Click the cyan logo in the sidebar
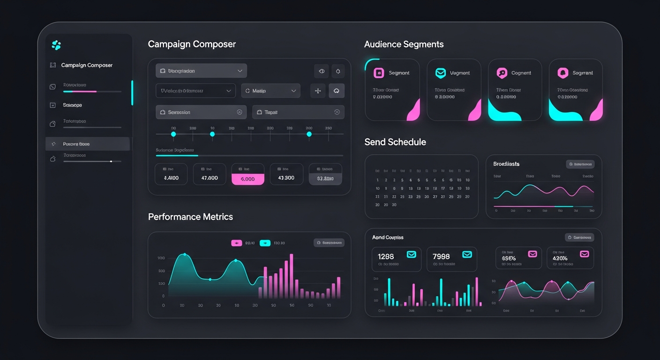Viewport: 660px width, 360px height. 56,45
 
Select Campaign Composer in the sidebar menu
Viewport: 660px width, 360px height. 87,65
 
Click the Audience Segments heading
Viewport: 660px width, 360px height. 404,45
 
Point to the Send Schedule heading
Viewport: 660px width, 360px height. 395,142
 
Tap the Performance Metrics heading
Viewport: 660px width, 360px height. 190,217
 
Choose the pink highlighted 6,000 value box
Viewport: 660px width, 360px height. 247,179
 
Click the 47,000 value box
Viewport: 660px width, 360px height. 209,178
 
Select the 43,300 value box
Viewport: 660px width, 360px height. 286,178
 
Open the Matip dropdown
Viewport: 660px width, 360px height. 270,91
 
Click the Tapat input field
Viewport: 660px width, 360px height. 298,112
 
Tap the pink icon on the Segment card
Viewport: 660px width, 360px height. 379,73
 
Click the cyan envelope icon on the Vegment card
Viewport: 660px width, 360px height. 440,73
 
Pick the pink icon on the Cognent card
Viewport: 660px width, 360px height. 502,73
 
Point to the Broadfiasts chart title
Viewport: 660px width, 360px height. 506,164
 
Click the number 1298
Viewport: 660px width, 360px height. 386,256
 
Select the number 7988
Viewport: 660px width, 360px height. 441,256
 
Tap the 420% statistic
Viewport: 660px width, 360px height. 560,258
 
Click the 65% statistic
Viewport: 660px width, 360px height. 509,258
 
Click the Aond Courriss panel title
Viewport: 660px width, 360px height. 388,238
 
